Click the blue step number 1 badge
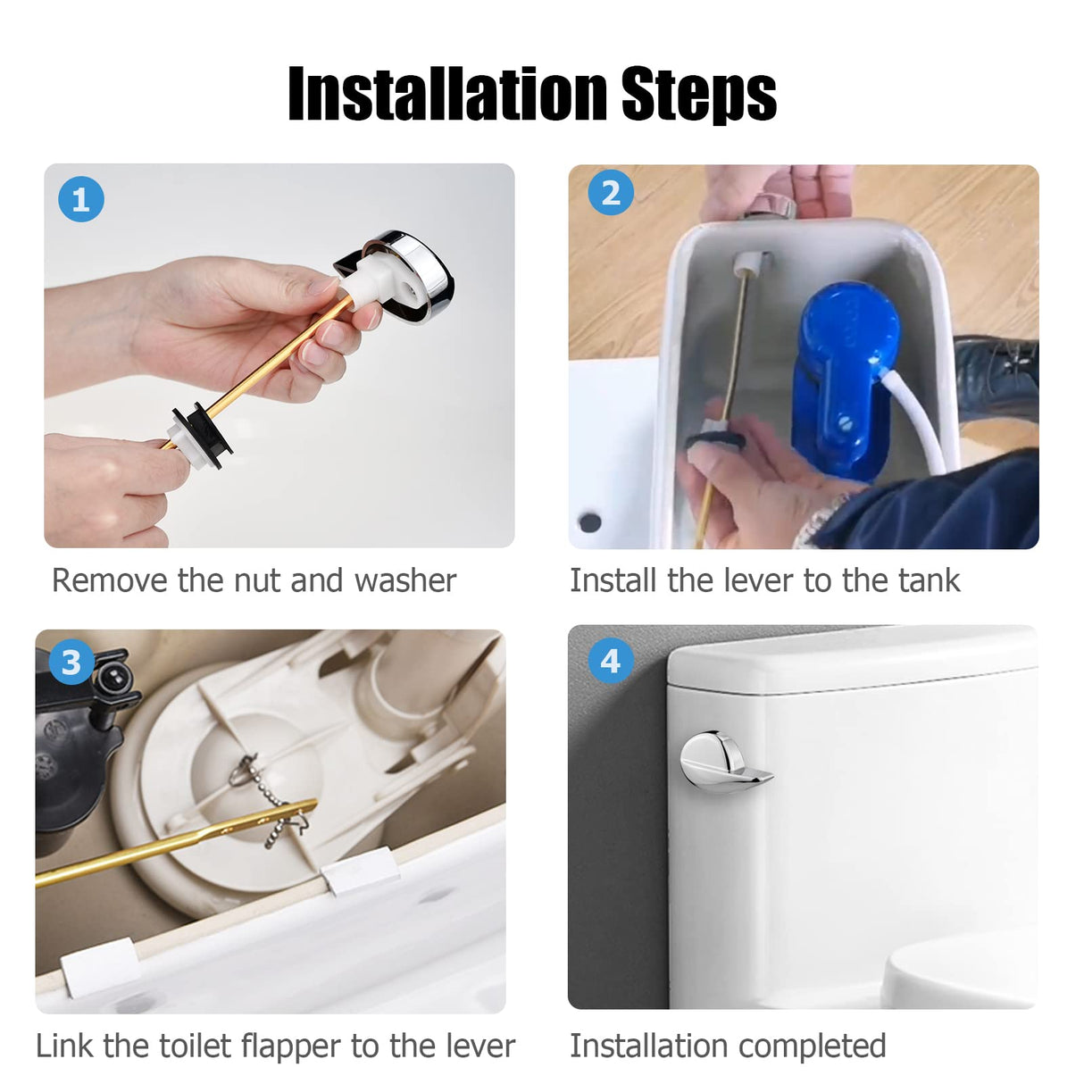click(81, 199)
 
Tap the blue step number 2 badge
click(611, 192)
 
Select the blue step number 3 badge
click(71, 663)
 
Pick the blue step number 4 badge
click(611, 661)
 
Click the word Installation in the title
click(447, 93)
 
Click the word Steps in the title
click(698, 94)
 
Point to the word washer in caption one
click(405, 581)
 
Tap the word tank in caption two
click(928, 580)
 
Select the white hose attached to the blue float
click(913, 417)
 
